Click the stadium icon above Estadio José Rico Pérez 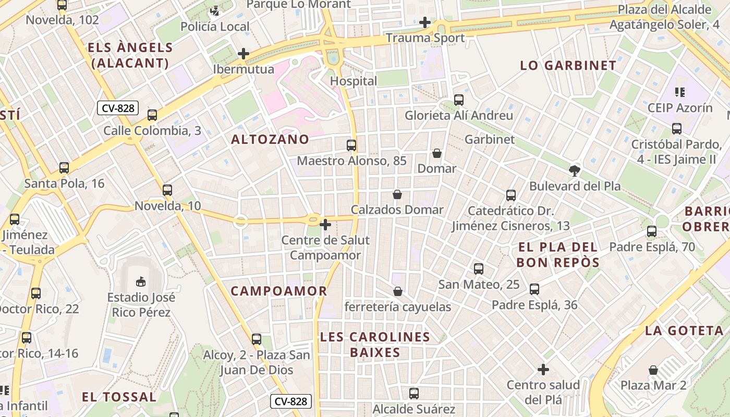[140, 282]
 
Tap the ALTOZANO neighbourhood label [270, 139]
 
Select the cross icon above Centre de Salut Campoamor [325, 225]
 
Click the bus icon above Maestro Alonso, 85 [351, 145]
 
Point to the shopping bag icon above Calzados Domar [397, 194]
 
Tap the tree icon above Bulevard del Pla [575, 170]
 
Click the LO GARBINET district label [568, 66]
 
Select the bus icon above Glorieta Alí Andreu [459, 100]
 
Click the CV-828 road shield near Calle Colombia [118, 108]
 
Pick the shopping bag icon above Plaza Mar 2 [653, 370]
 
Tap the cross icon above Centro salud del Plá [543, 370]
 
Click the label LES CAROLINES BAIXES [375, 345]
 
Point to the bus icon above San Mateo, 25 [479, 269]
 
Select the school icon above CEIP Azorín [679, 92]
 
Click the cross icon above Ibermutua [243, 53]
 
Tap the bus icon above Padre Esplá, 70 [652, 231]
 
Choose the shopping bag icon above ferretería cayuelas [398, 291]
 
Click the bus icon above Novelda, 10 [167, 190]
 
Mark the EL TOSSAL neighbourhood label [119, 397]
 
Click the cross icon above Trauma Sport [425, 22]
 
